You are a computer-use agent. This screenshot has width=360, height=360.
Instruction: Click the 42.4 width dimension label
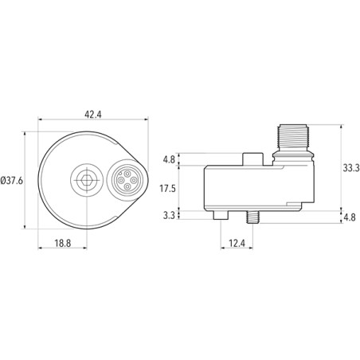92,114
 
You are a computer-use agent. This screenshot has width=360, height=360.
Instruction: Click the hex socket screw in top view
84,180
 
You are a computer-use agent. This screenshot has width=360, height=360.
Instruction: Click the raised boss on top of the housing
254,158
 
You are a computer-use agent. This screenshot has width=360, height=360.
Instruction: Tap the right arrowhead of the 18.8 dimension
84,237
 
